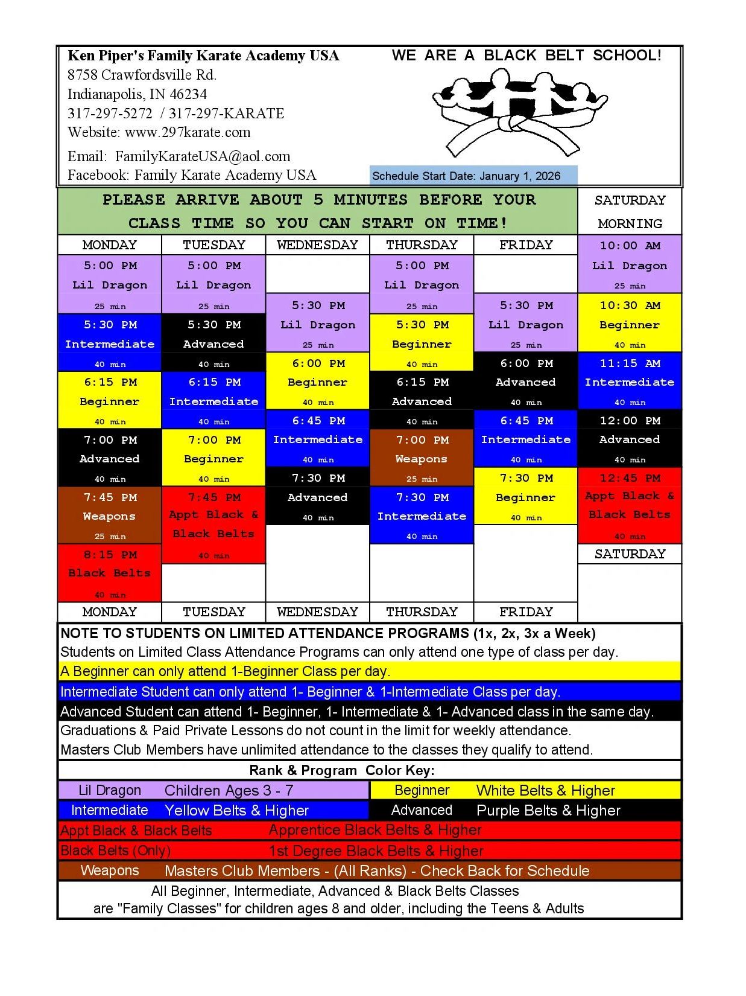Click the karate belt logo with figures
[x=519, y=112]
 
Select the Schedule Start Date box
[x=473, y=176]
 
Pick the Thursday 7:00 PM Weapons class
[x=422, y=459]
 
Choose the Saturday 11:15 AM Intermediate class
[x=630, y=382]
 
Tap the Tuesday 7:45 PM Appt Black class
[x=214, y=525]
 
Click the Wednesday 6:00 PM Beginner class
[x=318, y=382]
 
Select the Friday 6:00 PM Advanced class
[x=526, y=382]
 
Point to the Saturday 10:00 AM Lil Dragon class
[x=630, y=265]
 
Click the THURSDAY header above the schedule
[x=422, y=245]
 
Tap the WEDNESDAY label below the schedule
[x=318, y=612]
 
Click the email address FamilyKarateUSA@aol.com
[x=203, y=157]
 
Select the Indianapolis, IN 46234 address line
[x=137, y=94]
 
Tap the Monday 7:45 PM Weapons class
[x=110, y=516]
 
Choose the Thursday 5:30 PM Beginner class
[x=422, y=343]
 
